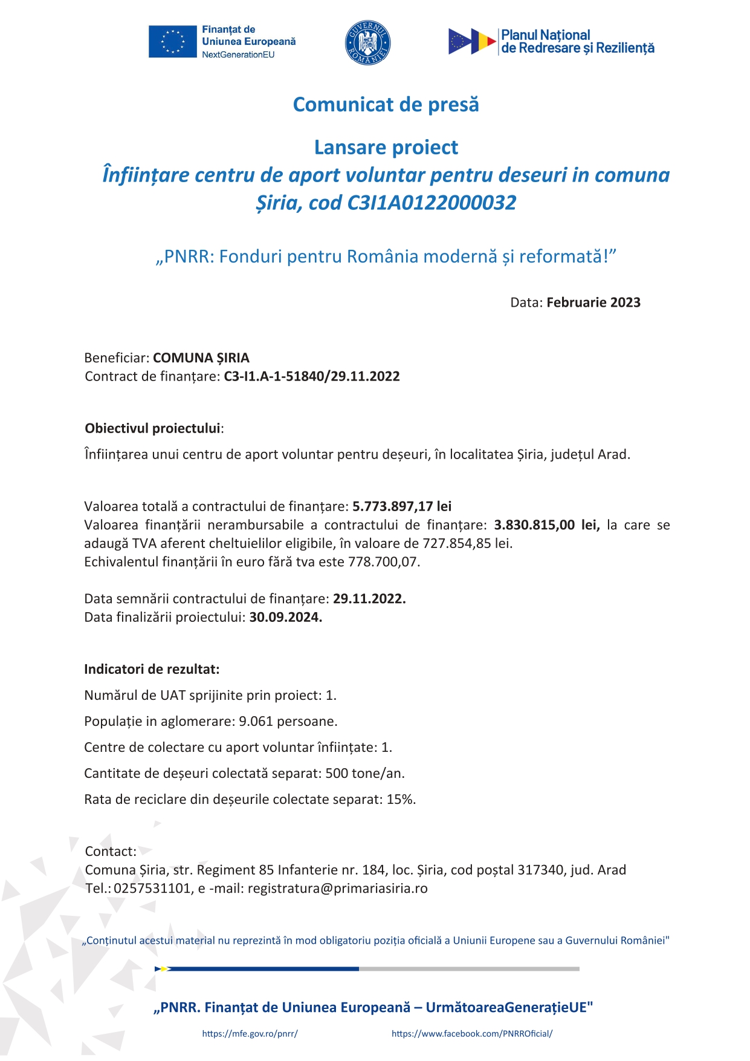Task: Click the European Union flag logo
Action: [x=172, y=42]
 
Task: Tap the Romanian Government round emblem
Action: [x=367, y=42]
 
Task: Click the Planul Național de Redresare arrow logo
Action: [x=471, y=42]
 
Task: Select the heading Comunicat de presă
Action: [x=386, y=105]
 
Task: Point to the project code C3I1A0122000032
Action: [x=432, y=203]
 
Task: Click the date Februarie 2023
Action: [x=593, y=302]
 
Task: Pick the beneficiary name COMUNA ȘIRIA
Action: [x=201, y=358]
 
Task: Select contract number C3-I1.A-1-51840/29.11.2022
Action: [x=312, y=377]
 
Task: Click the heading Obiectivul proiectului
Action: [x=152, y=429]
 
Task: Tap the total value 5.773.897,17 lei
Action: [x=402, y=506]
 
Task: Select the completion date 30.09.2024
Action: [x=285, y=618]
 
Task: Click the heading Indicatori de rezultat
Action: [x=152, y=670]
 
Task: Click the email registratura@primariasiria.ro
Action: [x=337, y=889]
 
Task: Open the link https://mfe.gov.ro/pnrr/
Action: [x=250, y=1034]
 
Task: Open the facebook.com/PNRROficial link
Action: [x=472, y=1034]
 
